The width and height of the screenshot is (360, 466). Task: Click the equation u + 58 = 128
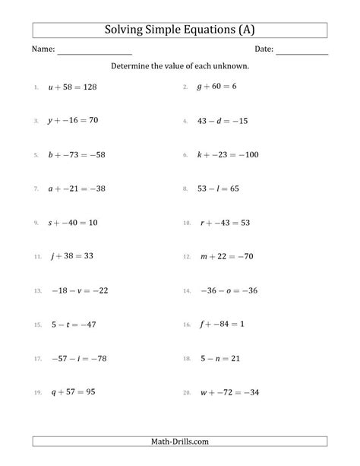click(x=73, y=87)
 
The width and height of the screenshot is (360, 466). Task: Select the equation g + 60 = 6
click(x=218, y=87)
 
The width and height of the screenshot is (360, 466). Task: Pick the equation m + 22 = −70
click(x=226, y=257)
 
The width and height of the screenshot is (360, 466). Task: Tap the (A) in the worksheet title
click(x=244, y=30)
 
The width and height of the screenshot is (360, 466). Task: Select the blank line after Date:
click(x=302, y=51)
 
